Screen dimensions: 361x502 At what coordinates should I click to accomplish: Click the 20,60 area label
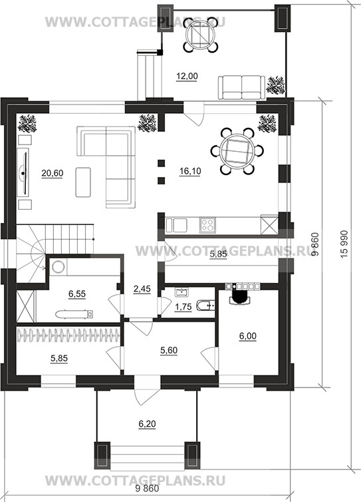(x=52, y=173)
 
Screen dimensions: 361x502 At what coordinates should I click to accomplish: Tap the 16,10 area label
(x=190, y=171)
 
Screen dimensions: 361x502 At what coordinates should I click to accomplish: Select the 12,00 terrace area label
(x=187, y=76)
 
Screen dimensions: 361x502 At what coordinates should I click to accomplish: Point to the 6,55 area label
(x=77, y=294)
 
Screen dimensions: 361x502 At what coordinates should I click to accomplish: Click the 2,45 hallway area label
(x=142, y=289)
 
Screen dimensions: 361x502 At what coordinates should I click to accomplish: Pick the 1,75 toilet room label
(x=183, y=307)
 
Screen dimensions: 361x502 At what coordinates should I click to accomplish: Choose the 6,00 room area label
(x=247, y=336)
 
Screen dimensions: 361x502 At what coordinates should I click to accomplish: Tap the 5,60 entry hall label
(x=168, y=351)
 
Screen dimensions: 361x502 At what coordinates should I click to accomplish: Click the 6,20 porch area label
(x=147, y=424)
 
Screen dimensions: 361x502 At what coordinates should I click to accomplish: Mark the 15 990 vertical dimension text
(x=344, y=244)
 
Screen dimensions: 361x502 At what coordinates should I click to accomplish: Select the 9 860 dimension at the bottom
(x=147, y=489)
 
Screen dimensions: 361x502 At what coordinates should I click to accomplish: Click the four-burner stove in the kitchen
(x=207, y=225)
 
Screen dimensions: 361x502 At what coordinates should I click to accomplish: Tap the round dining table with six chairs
(x=237, y=150)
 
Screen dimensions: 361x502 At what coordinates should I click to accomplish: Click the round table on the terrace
(x=201, y=34)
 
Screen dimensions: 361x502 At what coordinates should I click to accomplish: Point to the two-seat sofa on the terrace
(x=242, y=87)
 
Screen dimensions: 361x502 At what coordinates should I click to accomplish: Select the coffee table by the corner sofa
(x=83, y=182)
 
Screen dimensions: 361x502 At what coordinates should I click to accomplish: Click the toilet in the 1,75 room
(x=206, y=306)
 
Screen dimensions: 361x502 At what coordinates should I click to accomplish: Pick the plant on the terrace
(x=276, y=85)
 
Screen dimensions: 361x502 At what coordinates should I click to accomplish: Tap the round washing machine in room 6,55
(x=59, y=267)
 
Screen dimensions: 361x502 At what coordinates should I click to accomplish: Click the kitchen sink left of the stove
(x=176, y=224)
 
